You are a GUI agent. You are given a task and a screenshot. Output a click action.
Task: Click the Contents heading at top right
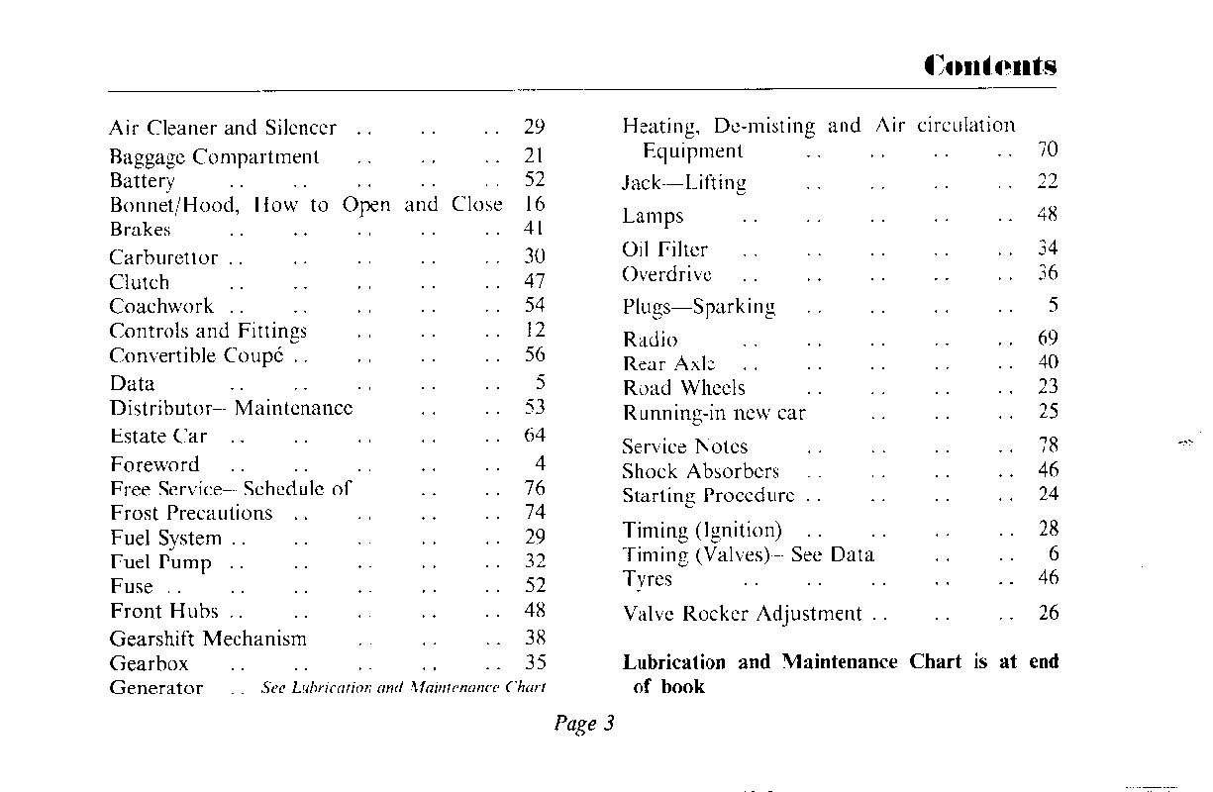click(x=990, y=66)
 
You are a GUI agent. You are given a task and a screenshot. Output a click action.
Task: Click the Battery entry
click(x=142, y=181)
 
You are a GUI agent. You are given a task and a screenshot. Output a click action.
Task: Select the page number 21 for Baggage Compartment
click(x=535, y=156)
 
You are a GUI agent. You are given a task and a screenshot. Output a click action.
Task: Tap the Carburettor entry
click(x=163, y=257)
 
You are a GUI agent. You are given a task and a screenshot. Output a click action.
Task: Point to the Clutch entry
click(x=139, y=282)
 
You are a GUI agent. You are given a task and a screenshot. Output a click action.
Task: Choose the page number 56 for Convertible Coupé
click(x=535, y=355)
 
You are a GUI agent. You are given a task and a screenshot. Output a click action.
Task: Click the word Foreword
click(x=154, y=464)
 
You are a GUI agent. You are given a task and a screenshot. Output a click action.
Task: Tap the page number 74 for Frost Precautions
click(x=535, y=513)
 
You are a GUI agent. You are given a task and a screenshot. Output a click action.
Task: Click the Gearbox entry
click(x=149, y=663)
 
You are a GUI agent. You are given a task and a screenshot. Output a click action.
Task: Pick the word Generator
click(x=155, y=688)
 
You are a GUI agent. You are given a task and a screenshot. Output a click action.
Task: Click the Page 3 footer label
click(x=584, y=724)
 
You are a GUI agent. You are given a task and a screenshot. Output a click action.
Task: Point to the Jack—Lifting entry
click(x=684, y=183)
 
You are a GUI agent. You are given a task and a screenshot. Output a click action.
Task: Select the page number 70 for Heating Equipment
click(x=1048, y=150)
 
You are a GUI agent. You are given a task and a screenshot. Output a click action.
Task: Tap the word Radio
click(x=651, y=340)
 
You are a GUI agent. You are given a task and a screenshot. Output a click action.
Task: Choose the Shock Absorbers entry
click(x=700, y=471)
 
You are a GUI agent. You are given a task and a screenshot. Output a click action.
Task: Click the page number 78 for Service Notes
click(x=1048, y=446)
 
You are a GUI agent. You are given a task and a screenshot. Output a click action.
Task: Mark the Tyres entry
click(x=647, y=579)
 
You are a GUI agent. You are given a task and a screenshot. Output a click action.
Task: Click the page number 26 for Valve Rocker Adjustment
click(x=1048, y=614)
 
